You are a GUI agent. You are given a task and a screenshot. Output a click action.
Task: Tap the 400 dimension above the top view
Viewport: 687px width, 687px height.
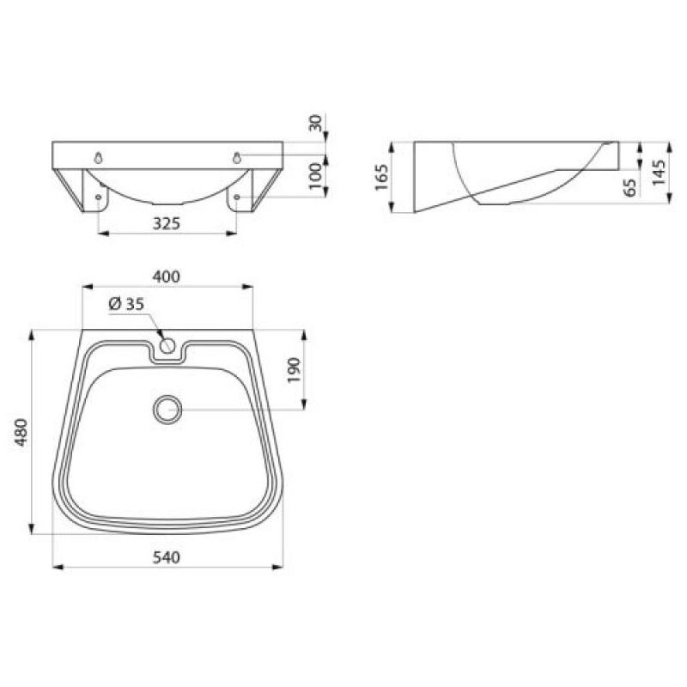(x=166, y=277)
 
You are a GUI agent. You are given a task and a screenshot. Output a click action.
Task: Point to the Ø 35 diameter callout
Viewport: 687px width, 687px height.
(x=125, y=304)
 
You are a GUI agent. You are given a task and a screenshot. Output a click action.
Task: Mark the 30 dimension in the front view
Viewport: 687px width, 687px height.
(x=315, y=124)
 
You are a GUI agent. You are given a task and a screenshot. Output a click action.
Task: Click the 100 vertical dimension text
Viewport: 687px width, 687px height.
(x=315, y=176)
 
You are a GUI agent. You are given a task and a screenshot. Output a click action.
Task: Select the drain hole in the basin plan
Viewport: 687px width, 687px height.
(x=167, y=409)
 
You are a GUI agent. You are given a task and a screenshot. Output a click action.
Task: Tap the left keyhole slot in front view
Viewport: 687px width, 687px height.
(x=100, y=158)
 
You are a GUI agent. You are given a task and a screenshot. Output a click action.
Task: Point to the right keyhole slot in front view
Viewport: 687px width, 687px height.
(x=236, y=156)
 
